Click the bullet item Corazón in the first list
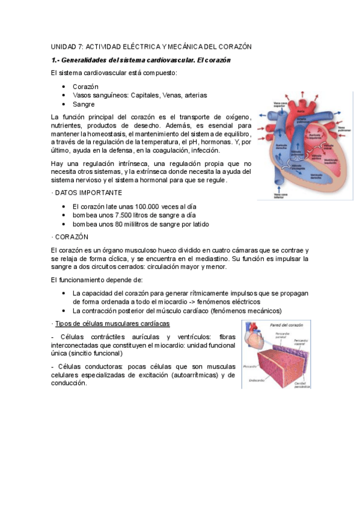85,87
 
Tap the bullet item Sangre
84,104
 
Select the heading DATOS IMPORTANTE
89,192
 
